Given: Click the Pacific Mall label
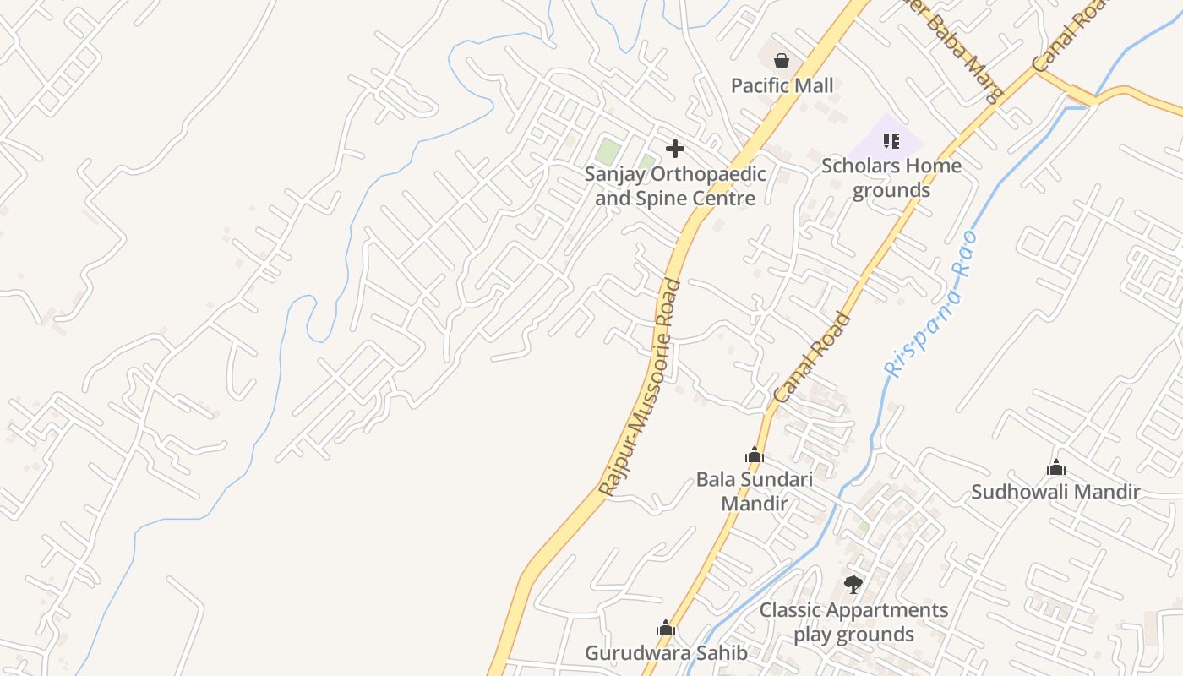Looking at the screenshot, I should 782,85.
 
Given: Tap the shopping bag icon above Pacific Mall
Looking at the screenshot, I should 782,61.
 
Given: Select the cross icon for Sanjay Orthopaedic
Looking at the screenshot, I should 674,149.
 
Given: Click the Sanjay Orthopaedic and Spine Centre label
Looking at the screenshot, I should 675,186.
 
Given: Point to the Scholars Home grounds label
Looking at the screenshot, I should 891,177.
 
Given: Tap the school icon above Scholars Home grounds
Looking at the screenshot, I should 891,140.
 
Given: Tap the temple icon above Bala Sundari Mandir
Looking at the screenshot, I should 754,455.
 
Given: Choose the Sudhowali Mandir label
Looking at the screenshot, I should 1055,492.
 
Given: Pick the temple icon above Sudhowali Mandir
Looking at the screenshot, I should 1055,467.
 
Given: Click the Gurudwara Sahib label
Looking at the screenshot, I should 666,652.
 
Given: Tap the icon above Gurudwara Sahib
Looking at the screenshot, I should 666,628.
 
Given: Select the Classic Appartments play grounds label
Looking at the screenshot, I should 853,622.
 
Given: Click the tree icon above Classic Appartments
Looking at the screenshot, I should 853,584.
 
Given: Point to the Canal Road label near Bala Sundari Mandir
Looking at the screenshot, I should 812,357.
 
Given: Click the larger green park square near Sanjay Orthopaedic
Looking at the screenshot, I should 608,152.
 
